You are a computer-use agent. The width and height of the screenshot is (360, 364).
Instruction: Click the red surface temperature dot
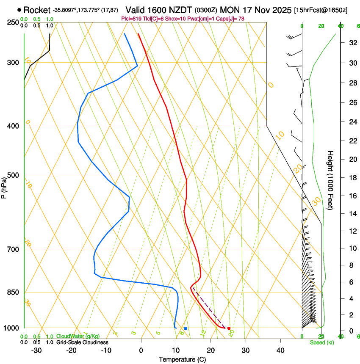(229, 328)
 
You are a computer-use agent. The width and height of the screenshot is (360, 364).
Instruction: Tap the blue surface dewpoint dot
(186, 328)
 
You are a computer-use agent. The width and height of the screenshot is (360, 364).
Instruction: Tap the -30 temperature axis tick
(36, 350)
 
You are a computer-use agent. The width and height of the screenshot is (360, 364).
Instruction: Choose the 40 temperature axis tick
(280, 350)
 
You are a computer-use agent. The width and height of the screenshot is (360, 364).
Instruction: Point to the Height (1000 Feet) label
(331, 180)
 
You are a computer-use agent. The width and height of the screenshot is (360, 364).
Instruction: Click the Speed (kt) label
(321, 342)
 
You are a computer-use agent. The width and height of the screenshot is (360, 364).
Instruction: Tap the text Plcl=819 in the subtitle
(131, 19)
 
